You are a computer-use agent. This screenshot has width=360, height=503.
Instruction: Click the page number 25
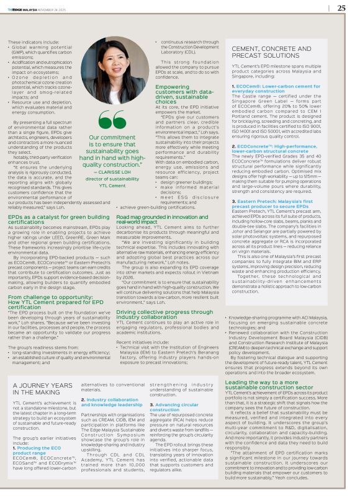pos(342,8)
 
